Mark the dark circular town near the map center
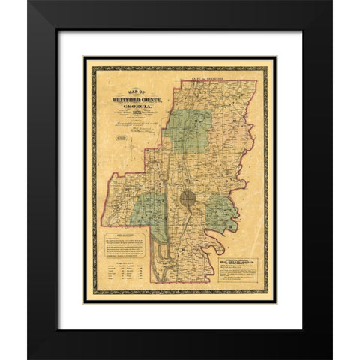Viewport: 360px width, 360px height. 188,200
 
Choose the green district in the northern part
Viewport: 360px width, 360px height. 188,132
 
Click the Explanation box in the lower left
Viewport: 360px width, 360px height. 124,244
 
